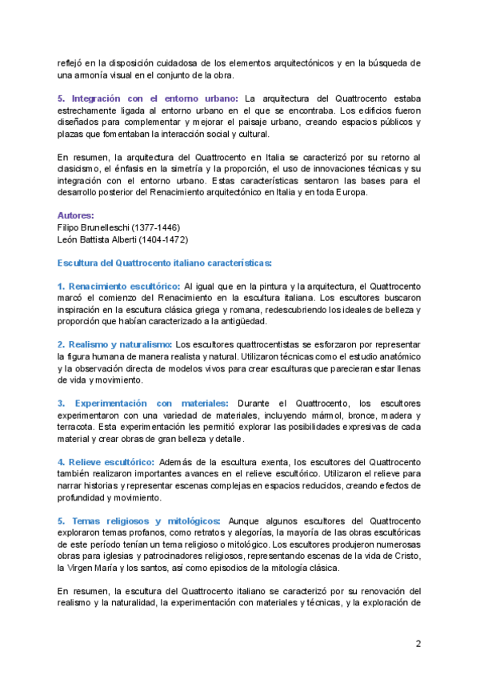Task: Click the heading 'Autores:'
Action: tap(75, 215)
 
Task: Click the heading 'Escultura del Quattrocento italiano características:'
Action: tap(165, 263)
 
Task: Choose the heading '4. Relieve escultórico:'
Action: tap(106, 462)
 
